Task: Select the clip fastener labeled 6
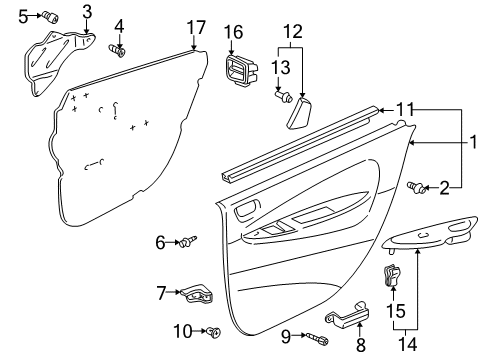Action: tap(187, 241)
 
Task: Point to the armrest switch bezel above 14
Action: tap(432, 242)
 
